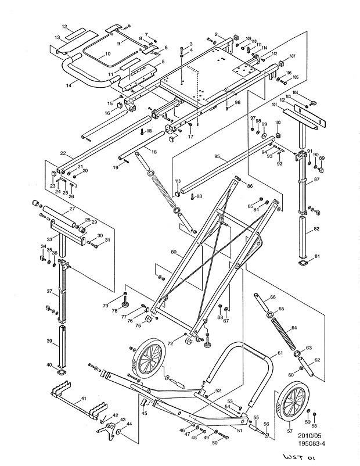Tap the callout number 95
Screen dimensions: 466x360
click(217, 157)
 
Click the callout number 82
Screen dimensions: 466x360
click(316, 230)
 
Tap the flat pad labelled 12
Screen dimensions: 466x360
click(74, 34)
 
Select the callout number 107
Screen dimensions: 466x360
click(292, 56)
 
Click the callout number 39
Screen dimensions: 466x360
click(49, 340)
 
